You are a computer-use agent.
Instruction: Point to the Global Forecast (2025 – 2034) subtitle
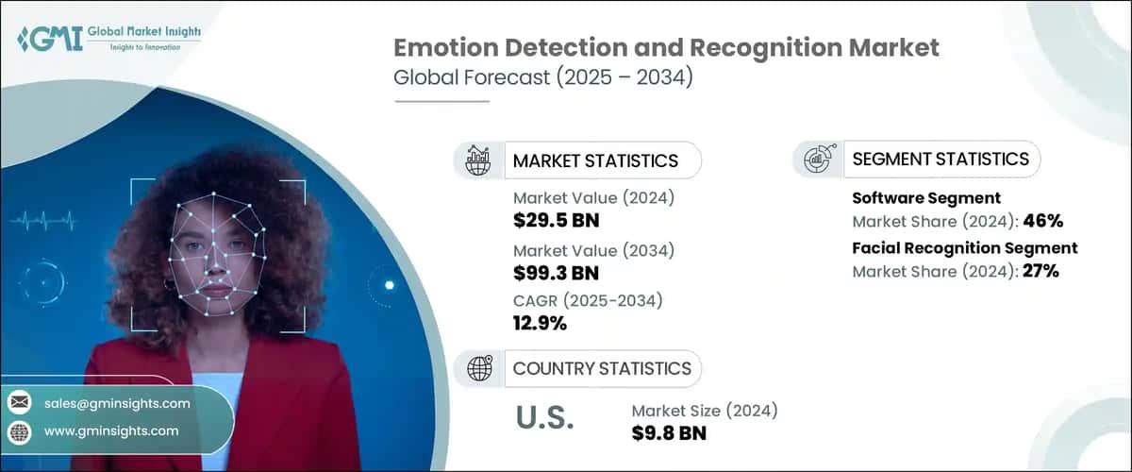(543, 78)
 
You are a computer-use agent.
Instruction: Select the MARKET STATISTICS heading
(594, 160)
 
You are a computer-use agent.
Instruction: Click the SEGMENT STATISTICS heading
(941, 160)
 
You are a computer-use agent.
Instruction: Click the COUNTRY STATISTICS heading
(602, 368)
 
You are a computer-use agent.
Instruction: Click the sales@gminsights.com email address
(117, 403)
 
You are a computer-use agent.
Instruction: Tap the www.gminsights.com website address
(111, 430)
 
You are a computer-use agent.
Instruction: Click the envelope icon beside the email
(19, 403)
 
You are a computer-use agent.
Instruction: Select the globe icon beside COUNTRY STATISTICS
(479, 368)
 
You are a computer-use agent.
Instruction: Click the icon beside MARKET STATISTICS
(479, 160)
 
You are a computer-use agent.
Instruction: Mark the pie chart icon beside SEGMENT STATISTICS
(818, 160)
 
